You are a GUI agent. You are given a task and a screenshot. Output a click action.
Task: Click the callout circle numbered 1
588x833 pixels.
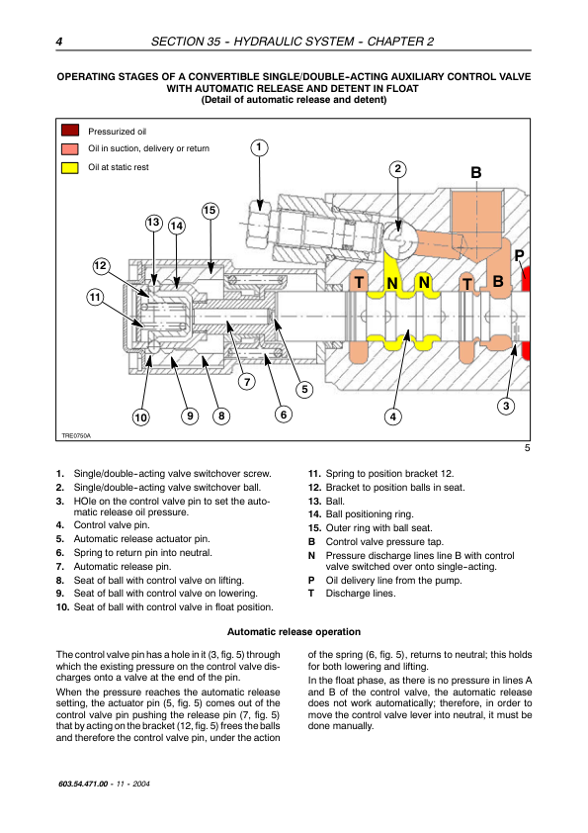[x=259, y=147]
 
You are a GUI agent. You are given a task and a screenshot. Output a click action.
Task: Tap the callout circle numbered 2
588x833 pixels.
[x=398, y=169]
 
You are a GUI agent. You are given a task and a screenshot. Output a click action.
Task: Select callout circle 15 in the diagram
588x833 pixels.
[x=210, y=211]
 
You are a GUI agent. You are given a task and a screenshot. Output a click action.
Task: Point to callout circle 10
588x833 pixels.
[x=140, y=417]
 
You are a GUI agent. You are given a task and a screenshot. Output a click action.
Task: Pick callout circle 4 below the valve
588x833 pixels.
[x=392, y=416]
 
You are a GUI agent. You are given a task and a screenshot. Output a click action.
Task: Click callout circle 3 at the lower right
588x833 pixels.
[x=506, y=406]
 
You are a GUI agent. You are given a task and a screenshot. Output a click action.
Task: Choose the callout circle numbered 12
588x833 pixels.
[x=100, y=265]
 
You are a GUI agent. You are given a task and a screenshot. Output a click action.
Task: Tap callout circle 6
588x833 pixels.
[x=284, y=414]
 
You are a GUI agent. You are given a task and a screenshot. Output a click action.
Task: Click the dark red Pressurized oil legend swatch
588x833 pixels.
[x=70, y=131]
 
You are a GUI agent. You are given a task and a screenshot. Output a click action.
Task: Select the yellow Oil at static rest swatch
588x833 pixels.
[x=70, y=168]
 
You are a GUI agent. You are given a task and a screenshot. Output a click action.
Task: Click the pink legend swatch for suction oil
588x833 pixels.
[x=70, y=148]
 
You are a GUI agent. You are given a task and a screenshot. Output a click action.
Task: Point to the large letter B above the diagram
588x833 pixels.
[x=476, y=173]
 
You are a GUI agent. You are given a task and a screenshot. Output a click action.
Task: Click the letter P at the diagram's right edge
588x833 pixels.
[x=520, y=255]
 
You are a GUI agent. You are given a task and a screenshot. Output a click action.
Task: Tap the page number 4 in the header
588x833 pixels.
[x=59, y=42]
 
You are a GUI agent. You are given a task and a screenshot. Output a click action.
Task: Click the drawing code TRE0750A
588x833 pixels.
[x=76, y=435]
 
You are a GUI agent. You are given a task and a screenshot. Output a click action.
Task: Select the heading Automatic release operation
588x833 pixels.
[x=294, y=631]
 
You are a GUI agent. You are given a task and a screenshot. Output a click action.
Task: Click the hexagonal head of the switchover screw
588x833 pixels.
[x=260, y=223]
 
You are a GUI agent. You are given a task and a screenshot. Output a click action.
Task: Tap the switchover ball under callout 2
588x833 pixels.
[x=398, y=240]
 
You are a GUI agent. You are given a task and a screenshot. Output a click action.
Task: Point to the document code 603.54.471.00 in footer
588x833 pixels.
[x=83, y=784]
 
